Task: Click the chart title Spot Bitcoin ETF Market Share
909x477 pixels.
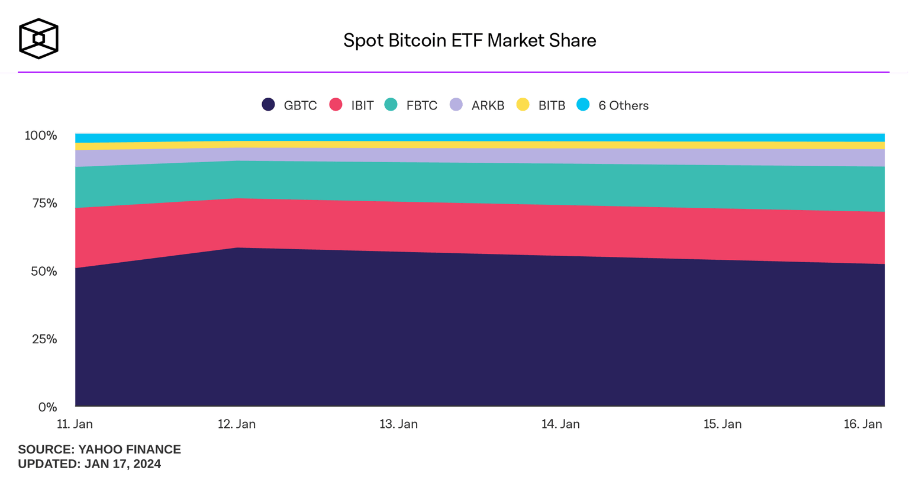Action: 469,40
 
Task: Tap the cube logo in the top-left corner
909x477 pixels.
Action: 38,39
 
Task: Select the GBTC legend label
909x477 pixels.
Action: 300,105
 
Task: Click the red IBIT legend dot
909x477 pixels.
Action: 336,105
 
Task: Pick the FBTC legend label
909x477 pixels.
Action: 421,105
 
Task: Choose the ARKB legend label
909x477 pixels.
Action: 488,105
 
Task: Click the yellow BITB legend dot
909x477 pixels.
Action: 523,105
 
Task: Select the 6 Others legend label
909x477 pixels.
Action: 623,105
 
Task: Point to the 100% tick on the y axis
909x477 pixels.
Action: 41,136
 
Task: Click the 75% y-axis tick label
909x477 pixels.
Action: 44,204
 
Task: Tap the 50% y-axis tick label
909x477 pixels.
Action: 44,272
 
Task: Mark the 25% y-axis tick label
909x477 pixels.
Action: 44,339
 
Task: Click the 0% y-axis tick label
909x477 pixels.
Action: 47,407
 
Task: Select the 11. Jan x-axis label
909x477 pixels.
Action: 75,424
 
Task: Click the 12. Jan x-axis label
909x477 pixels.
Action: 237,424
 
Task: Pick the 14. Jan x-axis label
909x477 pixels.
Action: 560,424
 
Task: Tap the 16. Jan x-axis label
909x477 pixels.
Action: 862,424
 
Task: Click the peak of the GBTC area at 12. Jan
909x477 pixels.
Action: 237,248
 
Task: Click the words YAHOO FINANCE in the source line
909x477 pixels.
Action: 130,449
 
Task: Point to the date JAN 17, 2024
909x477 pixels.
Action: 123,464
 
